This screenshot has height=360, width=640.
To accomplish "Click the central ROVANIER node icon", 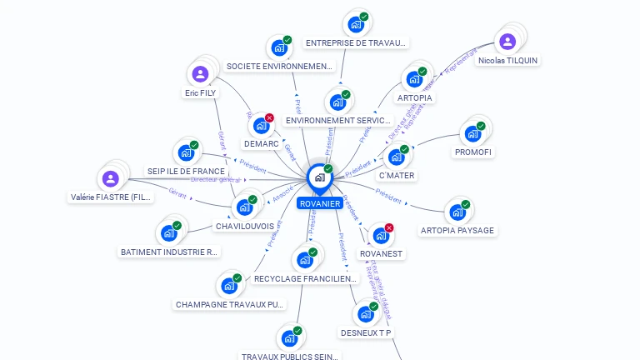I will point(319,177).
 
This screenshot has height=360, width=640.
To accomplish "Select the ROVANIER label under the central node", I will point(319,203).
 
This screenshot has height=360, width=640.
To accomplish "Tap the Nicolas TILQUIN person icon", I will point(507,42).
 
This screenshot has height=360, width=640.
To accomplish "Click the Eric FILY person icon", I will point(200,75).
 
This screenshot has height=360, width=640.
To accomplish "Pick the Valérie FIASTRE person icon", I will point(111,179).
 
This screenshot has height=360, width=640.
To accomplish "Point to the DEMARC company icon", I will point(261,126).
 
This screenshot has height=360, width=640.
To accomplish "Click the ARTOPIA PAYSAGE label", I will point(457,230).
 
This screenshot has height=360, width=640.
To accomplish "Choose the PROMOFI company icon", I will point(472,133).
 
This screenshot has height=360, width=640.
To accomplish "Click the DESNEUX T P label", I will point(366,332).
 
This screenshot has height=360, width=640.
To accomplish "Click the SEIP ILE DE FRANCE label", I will point(187,171).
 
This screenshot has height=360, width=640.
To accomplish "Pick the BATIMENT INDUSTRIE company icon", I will point(169,232).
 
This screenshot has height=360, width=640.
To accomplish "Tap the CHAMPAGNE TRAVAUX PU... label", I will point(230,304).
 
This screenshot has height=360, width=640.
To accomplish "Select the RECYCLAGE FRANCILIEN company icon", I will point(304,260).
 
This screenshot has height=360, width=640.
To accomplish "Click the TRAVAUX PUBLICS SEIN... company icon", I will point(289,338).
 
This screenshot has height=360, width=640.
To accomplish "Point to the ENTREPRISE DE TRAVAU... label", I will point(356,42).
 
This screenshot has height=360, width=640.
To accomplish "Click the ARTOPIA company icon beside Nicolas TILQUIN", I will point(414,79).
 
